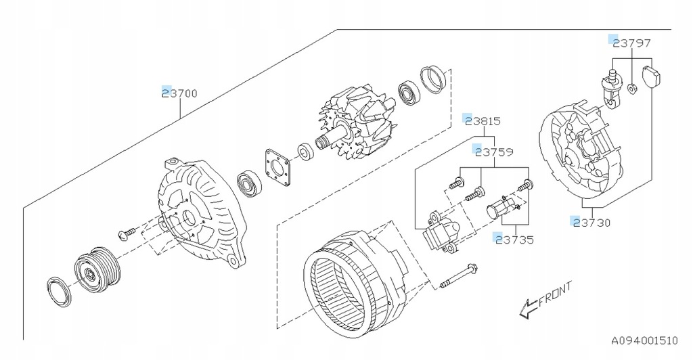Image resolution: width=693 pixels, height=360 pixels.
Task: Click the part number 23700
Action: [x=180, y=94]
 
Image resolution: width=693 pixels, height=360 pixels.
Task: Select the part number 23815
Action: [x=482, y=122]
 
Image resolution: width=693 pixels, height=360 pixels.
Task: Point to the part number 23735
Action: [x=514, y=239]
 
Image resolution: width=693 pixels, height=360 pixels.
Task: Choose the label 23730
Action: [x=591, y=222]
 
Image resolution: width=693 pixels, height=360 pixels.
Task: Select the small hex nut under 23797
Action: [x=631, y=87]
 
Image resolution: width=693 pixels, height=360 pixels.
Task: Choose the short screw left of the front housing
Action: [x=127, y=233]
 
